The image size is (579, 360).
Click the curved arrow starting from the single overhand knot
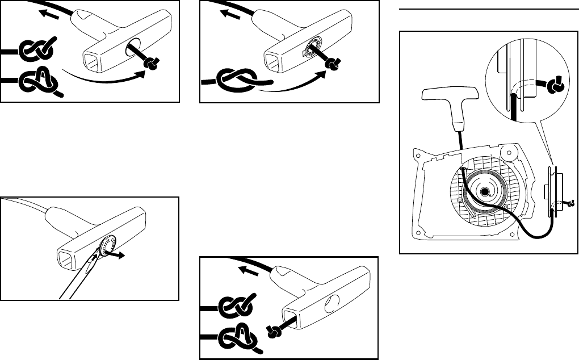(x=295, y=85)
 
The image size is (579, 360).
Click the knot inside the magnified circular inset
(x=554, y=87)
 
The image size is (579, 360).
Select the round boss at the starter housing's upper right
(x=510, y=152)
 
